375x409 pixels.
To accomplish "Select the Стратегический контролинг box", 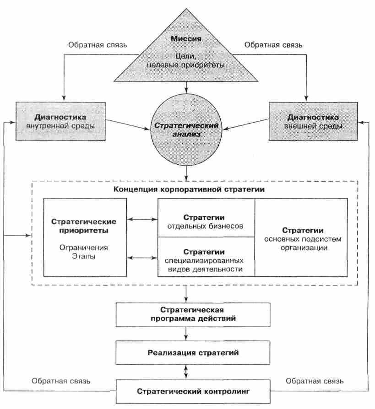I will coord(186,392).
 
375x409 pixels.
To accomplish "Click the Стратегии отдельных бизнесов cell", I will coord(206,221).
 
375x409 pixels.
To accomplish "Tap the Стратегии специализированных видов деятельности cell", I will coord(206,260).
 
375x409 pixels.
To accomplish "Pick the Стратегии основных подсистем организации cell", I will coord(303,238).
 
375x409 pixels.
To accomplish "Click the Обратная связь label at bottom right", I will coord(315,380).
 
